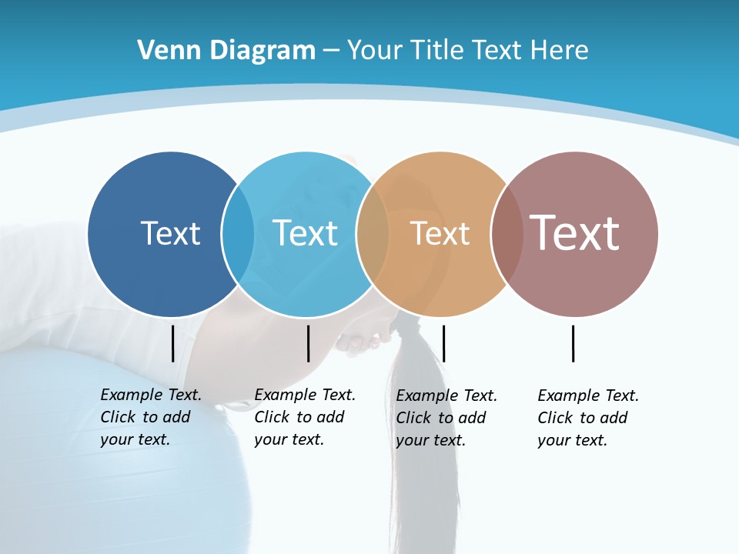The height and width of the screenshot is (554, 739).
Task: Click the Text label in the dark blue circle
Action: (x=170, y=233)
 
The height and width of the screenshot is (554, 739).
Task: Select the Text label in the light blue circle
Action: (x=306, y=233)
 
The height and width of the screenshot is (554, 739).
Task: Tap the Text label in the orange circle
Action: (x=440, y=233)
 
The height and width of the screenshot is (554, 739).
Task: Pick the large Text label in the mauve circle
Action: (x=574, y=233)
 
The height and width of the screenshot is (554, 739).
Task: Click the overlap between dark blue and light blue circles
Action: (x=238, y=234)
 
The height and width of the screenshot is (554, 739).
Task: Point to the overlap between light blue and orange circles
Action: (x=373, y=234)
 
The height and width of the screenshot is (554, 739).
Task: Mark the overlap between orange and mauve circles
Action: (x=507, y=234)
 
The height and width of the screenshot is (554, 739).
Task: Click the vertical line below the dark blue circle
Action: (x=172, y=343)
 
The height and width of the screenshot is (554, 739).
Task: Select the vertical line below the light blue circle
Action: (x=308, y=343)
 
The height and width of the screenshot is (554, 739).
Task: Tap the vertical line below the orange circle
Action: (x=443, y=343)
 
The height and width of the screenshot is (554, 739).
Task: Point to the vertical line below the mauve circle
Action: (x=573, y=343)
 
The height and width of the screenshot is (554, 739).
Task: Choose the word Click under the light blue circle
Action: (x=272, y=417)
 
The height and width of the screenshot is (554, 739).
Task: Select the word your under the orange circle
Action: (x=413, y=440)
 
